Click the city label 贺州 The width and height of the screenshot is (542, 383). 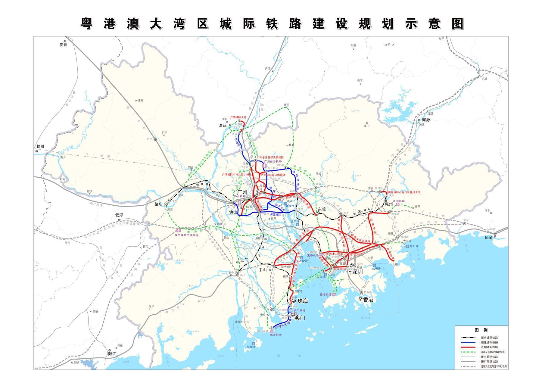coord(63,45)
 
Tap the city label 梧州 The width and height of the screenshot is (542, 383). coord(40,147)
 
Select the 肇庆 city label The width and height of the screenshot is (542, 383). coord(158,204)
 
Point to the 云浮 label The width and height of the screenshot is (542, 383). coord(119,215)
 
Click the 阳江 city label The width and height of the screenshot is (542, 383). coord(112,354)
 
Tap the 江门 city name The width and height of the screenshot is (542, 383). coord(244,260)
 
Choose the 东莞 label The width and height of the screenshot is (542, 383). coord(322,209)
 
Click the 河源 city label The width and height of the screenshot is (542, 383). coord(426,120)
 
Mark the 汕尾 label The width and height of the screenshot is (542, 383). coord(488,237)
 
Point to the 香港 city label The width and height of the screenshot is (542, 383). coord(368,300)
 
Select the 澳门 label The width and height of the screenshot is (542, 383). coord(300,318)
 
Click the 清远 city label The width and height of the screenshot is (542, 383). coord(223,126)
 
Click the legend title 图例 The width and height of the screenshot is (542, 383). coord(481,330)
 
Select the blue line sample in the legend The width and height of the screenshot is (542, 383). coord(468,342)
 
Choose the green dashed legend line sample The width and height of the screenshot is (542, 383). coord(468,352)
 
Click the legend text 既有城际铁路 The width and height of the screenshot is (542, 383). coord(489,338)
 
